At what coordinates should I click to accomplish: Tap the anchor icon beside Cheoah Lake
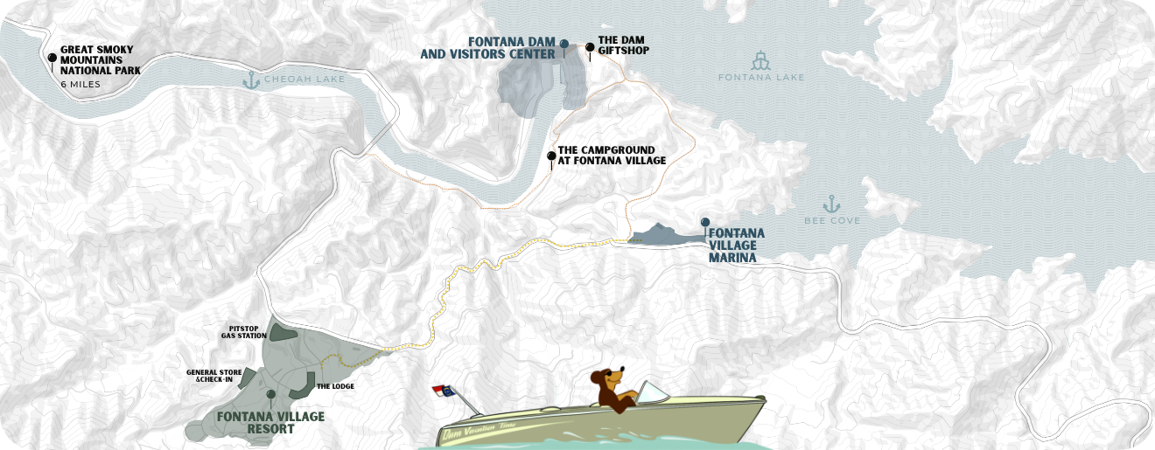251,80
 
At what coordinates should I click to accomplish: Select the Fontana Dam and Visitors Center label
487,47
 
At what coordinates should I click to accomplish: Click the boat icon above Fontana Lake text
760,60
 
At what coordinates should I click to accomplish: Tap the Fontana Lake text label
760,78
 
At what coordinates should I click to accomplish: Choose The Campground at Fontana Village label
612,155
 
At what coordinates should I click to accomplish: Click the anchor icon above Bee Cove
831,204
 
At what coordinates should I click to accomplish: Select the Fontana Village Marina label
735,246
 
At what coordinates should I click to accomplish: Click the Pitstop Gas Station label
243,331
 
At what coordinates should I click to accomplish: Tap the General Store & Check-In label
213,375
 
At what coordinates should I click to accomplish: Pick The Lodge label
335,385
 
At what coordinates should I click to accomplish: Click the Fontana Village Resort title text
270,422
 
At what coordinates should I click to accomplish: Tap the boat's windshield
651,391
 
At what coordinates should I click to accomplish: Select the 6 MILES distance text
80,85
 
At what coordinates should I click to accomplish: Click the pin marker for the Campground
550,157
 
